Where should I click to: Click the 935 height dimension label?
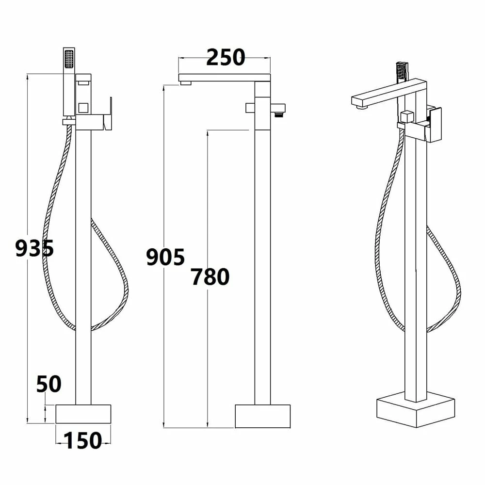point(34,249)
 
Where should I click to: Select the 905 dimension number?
point(165,257)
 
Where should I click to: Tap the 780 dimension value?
point(210,277)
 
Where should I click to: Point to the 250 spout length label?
point(226,58)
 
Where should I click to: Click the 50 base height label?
point(49,384)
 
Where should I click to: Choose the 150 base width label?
point(83,440)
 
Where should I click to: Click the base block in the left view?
point(83,414)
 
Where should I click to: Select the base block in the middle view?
point(262,416)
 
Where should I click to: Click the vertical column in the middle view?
point(262,267)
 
